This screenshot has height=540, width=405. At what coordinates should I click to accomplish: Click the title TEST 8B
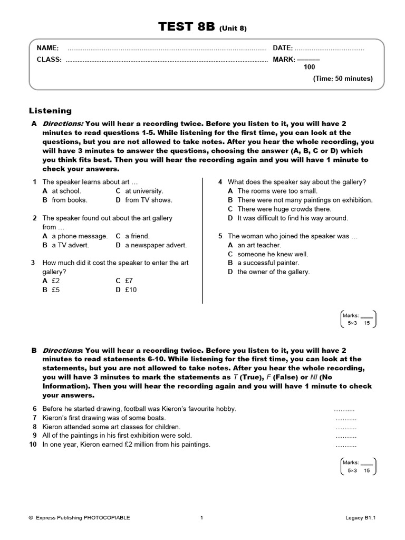point(187,28)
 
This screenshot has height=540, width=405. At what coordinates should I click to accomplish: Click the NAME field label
point(47,48)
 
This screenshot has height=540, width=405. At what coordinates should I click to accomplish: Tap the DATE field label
point(283,48)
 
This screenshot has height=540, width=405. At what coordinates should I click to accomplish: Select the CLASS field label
point(49,60)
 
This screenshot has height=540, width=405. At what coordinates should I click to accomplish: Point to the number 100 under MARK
point(310,67)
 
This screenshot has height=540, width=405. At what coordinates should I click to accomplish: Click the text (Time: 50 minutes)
point(343,79)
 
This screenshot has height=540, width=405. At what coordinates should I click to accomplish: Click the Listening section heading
point(50,111)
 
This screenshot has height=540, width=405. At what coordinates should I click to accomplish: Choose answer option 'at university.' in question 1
point(144,191)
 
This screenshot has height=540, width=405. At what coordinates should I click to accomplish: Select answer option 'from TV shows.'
point(148,200)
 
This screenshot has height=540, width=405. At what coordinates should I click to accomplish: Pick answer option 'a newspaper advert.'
point(156,245)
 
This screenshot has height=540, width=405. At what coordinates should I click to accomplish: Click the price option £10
point(131,290)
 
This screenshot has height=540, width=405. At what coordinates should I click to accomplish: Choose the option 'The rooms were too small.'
point(277,191)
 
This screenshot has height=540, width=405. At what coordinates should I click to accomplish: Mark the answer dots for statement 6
point(345,409)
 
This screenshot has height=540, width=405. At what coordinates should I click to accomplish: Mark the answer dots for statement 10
point(346,445)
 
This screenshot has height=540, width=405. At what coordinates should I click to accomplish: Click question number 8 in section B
point(34,427)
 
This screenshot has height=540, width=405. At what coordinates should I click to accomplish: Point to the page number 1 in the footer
point(202,518)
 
